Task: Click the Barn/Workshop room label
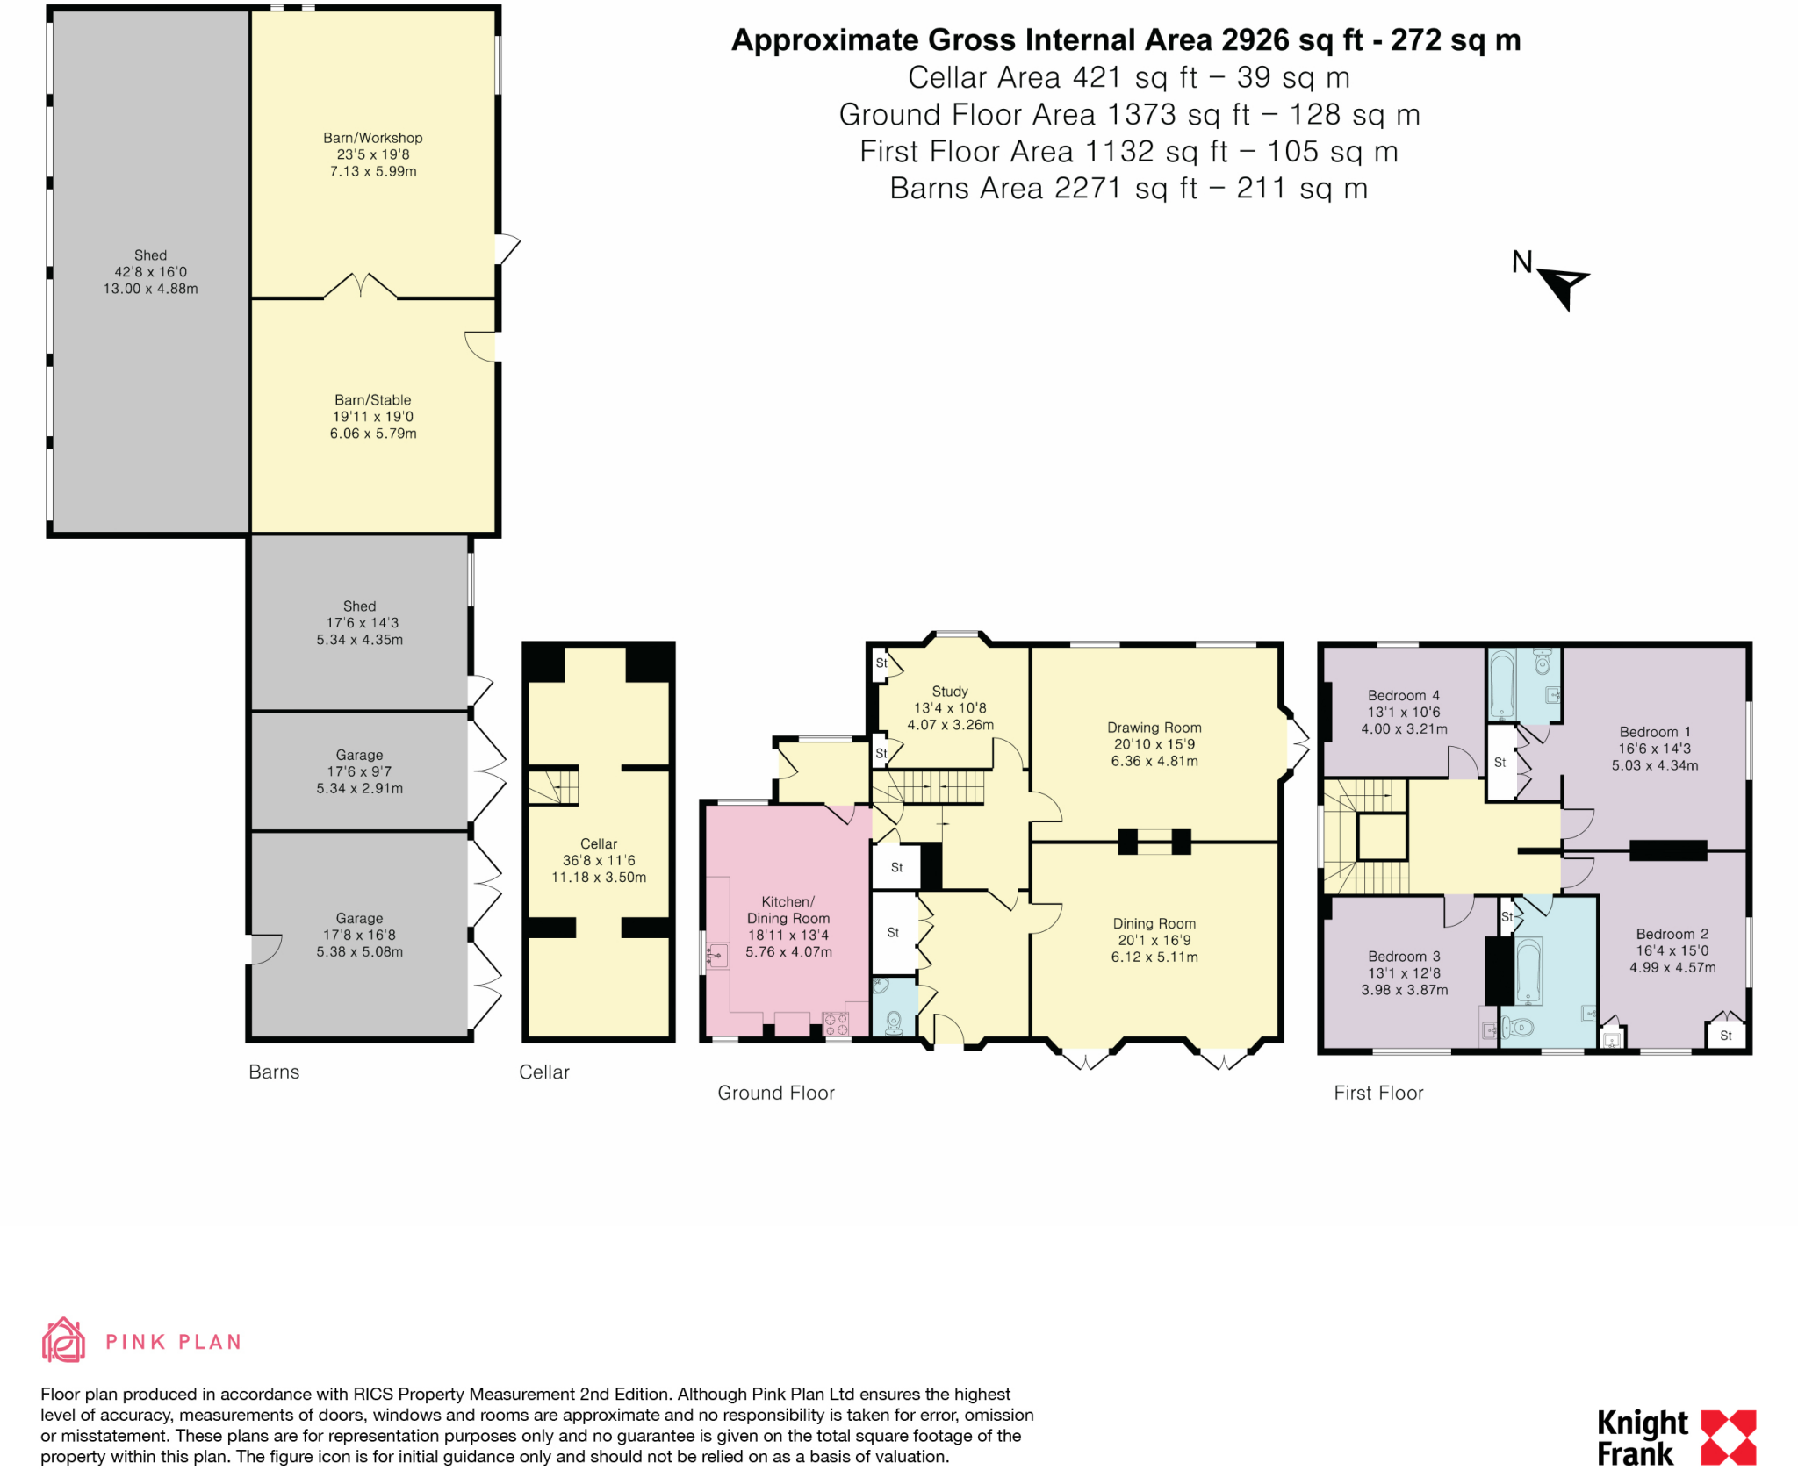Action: [372, 138]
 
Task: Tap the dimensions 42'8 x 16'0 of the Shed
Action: [150, 272]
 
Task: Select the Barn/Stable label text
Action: [372, 400]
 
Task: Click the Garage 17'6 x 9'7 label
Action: [359, 771]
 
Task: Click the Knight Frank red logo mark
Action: [1728, 1438]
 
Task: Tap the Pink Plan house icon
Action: [63, 1340]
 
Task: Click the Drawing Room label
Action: [1154, 728]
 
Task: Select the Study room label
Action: [950, 692]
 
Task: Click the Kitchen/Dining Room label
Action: [788, 910]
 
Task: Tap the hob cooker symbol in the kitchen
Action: [836, 1024]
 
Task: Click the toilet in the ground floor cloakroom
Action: [895, 1022]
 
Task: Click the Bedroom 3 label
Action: [1404, 957]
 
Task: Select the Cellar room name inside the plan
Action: [599, 844]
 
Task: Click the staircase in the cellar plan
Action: [553, 786]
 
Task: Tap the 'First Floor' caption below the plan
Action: [1378, 1093]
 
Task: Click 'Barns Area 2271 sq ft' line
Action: [1128, 189]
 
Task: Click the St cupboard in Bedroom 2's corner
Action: [1725, 1035]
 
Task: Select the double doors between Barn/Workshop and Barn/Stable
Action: [360, 287]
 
